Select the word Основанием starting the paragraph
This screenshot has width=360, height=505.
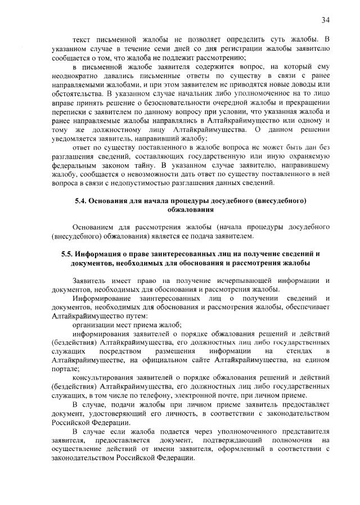click(x=93, y=227)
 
